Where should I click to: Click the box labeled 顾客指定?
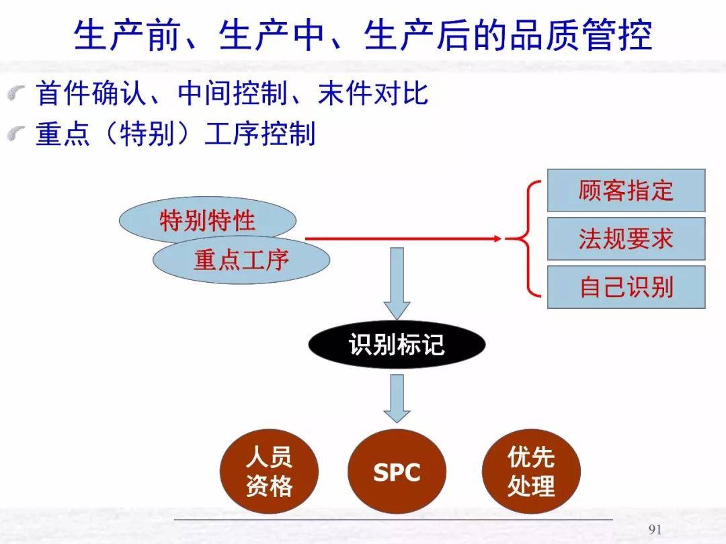626,191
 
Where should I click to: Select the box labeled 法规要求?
626,239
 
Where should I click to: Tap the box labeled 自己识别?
626,287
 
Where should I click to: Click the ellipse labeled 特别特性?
207,219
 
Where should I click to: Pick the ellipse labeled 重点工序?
241,260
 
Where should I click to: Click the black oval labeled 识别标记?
397,345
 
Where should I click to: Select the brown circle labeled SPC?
397,473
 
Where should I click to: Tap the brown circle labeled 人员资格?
269,473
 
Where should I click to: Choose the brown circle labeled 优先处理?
531,473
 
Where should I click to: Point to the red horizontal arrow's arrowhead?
497,238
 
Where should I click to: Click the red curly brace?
528,238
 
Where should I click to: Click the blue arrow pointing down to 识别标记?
397,283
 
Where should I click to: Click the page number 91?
655,530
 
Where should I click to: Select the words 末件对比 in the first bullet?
373,94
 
